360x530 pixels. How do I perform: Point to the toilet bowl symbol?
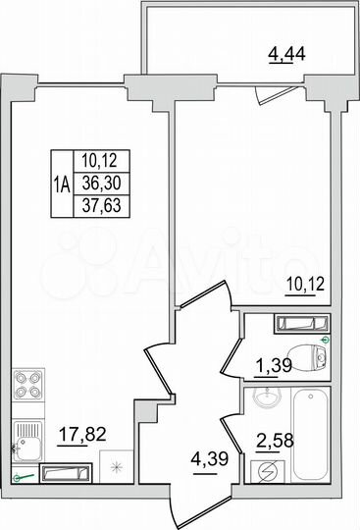tap(315, 355)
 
